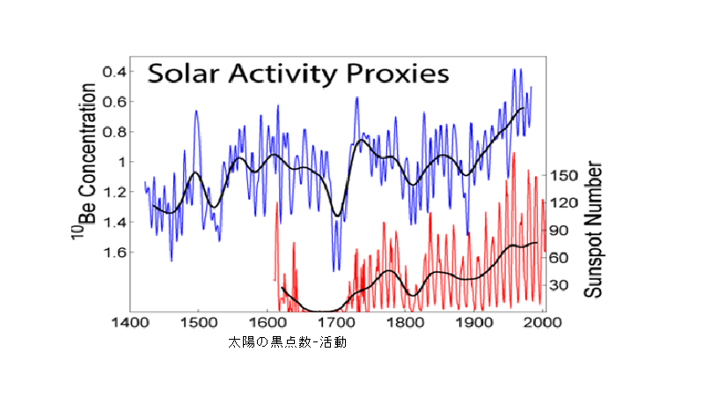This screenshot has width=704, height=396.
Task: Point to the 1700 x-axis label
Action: tap(335, 323)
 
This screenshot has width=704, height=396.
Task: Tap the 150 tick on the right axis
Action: tap(563, 175)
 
